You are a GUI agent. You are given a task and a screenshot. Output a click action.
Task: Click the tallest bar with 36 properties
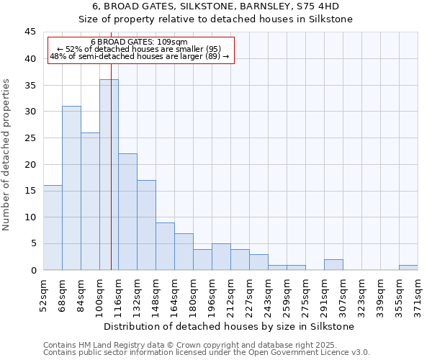(x=109, y=175)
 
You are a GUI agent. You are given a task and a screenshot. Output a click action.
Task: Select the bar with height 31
(x=71, y=188)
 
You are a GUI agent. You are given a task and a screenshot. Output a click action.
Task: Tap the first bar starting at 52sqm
(x=53, y=228)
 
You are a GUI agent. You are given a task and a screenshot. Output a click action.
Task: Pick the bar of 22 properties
(x=127, y=212)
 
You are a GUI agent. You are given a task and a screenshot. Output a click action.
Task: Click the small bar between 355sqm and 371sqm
(x=408, y=267)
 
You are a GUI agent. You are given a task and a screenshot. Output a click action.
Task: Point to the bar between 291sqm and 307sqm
(x=333, y=264)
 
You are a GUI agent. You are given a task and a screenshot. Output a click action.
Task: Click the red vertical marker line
(x=111, y=180)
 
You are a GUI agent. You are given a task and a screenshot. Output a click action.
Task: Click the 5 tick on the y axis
(x=33, y=244)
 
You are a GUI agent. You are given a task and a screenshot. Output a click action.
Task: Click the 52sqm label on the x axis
(x=43, y=293)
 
